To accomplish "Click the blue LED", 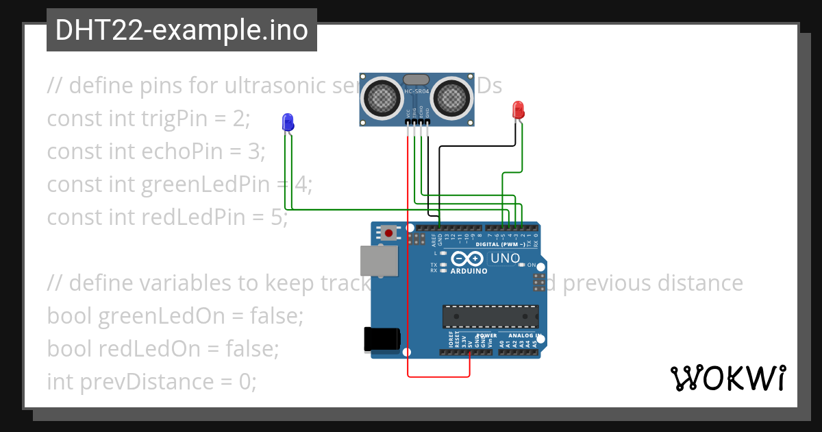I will coord(288,122).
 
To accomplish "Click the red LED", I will coord(518,109).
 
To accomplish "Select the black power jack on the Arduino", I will coord(382,339).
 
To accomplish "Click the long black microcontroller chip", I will coord(490,317).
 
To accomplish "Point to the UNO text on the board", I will coord(506,259).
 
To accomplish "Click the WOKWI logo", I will coord(727,379).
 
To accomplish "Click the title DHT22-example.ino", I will coord(182,30).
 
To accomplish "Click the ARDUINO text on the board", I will coord(469,271).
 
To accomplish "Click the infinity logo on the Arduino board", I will coord(468,259).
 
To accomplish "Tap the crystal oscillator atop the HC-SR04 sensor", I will coord(416,80).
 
